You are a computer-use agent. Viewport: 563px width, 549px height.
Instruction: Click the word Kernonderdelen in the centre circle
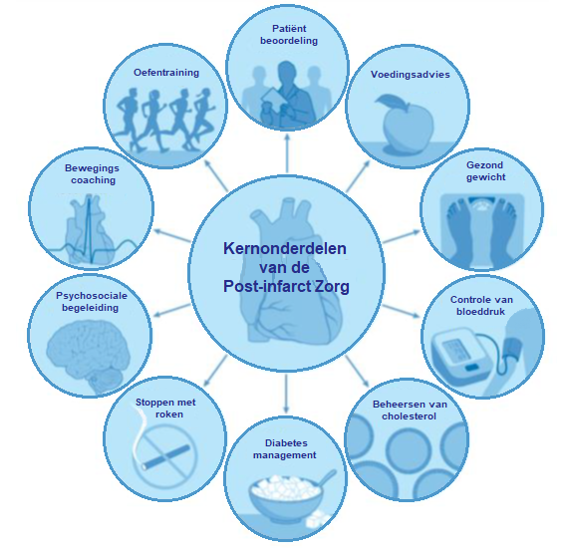coord(285,248)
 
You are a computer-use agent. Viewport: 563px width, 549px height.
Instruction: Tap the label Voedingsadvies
coord(410,75)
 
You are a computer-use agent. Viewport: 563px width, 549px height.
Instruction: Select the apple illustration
coord(407,124)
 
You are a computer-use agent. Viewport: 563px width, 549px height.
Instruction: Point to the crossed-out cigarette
coord(165,455)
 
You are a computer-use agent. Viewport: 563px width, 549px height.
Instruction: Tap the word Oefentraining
coord(166,73)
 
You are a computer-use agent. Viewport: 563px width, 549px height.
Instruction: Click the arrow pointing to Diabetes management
coord(286,394)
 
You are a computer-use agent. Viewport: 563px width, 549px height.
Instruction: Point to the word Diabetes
coord(286,443)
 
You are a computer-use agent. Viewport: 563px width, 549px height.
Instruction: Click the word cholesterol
coord(409,416)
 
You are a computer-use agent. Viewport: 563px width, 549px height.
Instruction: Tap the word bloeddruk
coord(480,311)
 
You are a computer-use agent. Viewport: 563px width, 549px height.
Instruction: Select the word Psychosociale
coord(92,296)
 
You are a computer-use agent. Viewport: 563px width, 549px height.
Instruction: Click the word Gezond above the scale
coord(484,165)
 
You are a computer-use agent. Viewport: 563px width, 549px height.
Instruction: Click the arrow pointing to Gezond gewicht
coord(402,237)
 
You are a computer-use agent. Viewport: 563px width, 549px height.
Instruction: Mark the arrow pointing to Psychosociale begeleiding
coord(172,310)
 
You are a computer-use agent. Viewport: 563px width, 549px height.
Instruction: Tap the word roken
coord(169,414)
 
